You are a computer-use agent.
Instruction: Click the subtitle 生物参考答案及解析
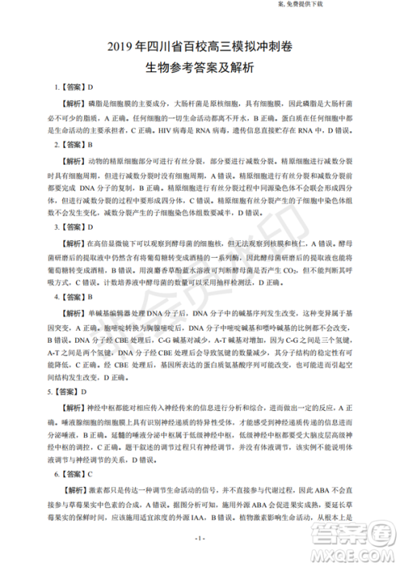coord(200,68)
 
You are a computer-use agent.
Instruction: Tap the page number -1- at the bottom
coord(200,537)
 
